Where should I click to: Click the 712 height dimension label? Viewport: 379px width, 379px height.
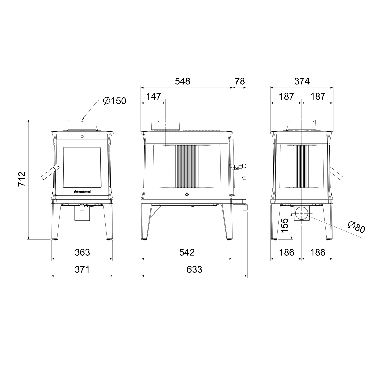point(22,179)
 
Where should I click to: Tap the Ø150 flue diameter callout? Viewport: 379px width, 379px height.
point(114,101)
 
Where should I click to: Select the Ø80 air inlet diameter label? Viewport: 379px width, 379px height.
point(356,227)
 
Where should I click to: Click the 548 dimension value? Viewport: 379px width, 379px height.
point(182,81)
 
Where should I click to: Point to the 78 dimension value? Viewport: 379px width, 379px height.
point(240,81)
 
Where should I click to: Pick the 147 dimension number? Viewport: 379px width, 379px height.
point(153,96)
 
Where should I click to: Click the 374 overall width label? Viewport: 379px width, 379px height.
point(302,81)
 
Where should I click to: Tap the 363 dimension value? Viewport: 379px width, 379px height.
point(82,252)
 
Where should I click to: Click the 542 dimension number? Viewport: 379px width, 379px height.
point(187,252)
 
